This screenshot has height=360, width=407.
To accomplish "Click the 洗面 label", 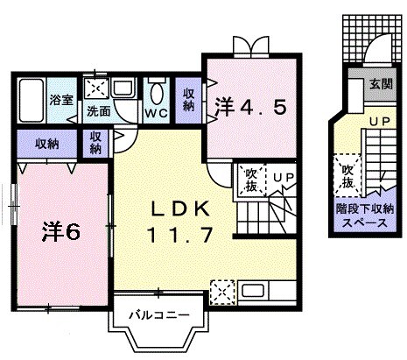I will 98,112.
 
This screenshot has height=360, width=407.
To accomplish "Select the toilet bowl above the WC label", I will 158,94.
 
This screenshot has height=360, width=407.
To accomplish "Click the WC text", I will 158,114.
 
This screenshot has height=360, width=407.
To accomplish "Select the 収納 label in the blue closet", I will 47,144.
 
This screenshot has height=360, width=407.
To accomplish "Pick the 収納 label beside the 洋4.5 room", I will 189,100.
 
